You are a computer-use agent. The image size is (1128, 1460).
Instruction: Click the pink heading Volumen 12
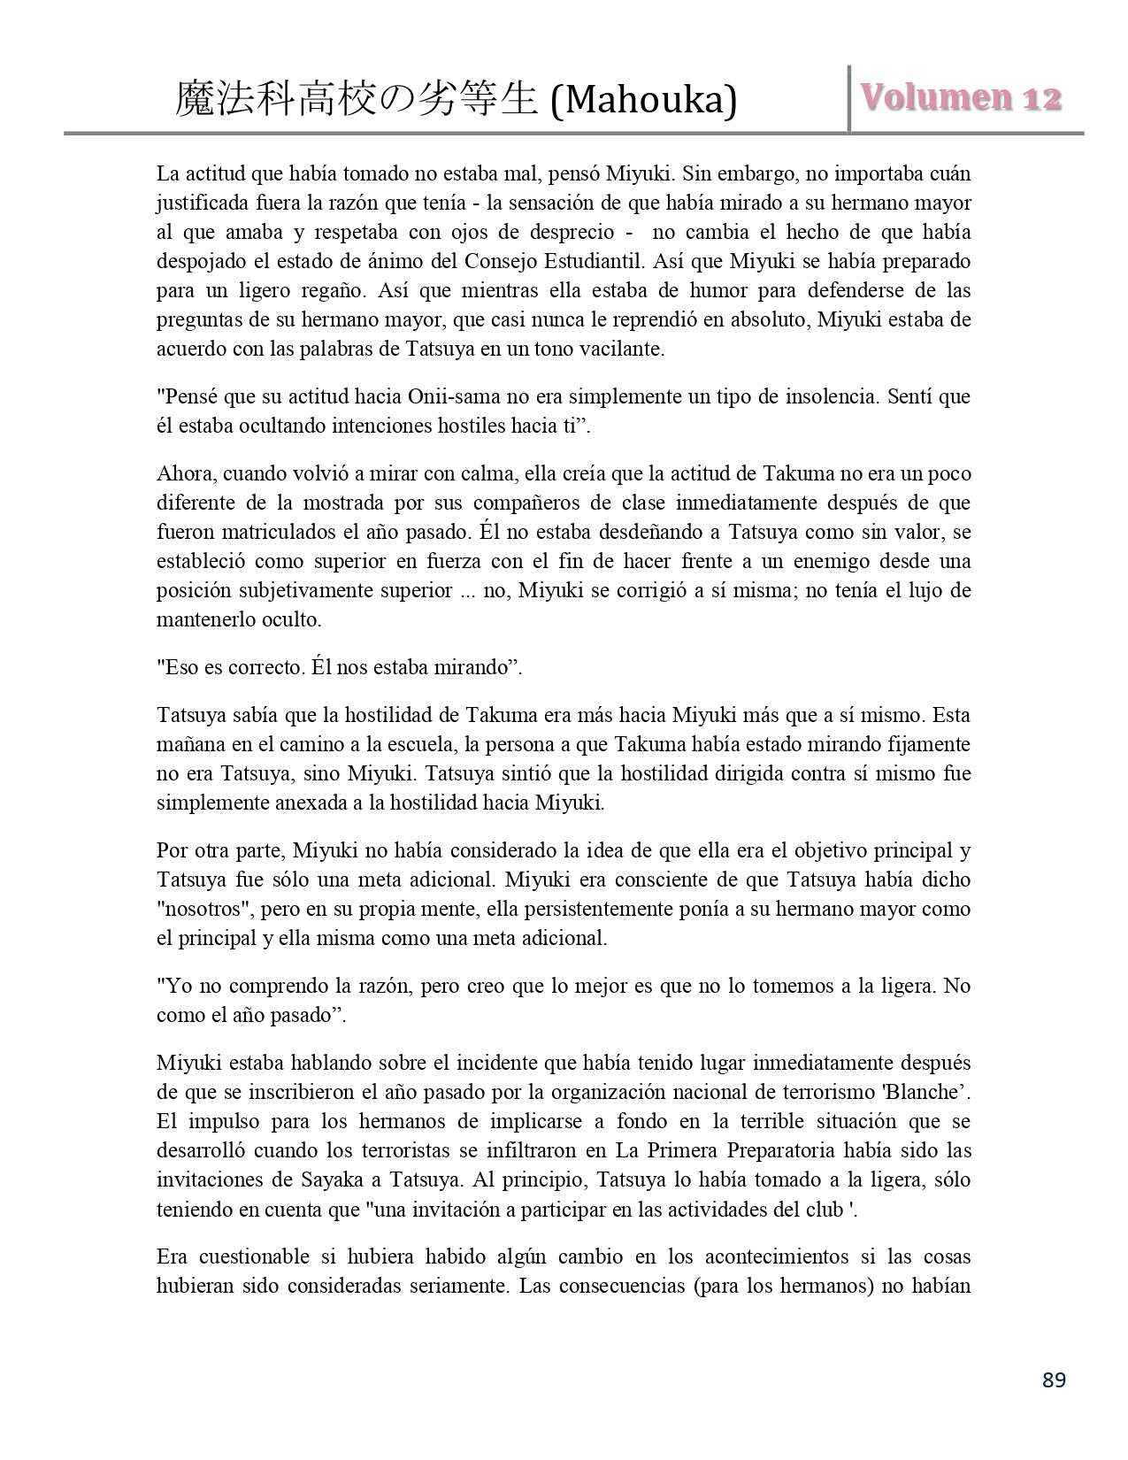click(961, 98)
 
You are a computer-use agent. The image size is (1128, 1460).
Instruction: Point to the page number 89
click(1054, 1380)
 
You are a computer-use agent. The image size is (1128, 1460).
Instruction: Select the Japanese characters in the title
click(357, 100)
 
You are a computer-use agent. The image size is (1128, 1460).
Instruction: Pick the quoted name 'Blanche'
click(932, 1092)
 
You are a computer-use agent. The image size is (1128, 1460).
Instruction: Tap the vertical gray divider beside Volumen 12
click(849, 98)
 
